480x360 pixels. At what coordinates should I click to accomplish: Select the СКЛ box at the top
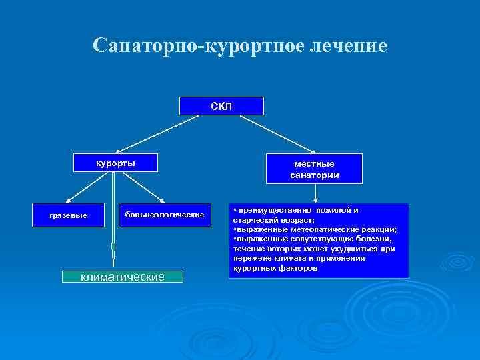pyautogui.click(x=221, y=106)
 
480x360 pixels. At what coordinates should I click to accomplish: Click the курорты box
pyautogui.click(x=114, y=163)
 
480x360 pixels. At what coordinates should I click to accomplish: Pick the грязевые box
pyautogui.click(x=69, y=215)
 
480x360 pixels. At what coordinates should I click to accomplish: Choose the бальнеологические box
pyautogui.click(x=164, y=215)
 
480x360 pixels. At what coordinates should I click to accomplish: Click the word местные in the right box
pyautogui.click(x=315, y=163)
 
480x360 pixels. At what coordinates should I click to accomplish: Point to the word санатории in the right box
pyautogui.click(x=315, y=175)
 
